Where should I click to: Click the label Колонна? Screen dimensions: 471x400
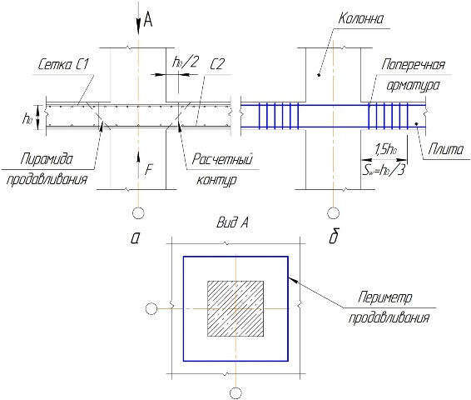361,19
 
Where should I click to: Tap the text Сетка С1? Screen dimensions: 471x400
63,64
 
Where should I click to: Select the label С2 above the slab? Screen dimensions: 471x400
216,64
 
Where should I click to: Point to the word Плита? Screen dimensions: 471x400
446,149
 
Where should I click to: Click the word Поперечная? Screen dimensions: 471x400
413,65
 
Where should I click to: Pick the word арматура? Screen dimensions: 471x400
413,85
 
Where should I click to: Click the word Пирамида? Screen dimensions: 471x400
47,159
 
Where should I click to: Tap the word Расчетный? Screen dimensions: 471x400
222,159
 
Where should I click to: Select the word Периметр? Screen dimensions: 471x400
385,297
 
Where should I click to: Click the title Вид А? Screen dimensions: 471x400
232,222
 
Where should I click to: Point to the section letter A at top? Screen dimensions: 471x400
148,20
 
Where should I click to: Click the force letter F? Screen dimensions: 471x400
148,170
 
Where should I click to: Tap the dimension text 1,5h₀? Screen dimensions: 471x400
384,149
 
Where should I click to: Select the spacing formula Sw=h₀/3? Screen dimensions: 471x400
384,171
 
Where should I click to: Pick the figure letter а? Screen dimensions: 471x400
135,238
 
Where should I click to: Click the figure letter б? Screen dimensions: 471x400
334,237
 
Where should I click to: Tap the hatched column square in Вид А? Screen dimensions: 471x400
235,308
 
